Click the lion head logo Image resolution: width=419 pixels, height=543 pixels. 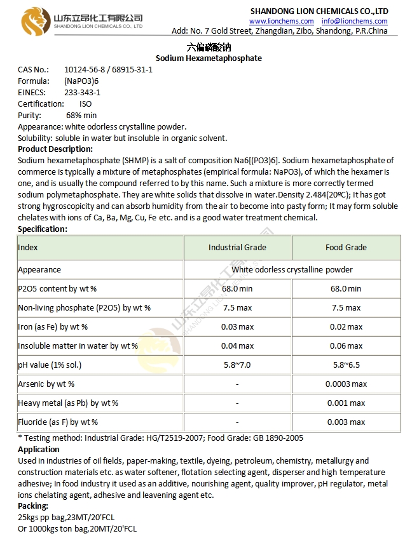tap(33, 21)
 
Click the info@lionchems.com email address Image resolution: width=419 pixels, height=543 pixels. tap(354, 21)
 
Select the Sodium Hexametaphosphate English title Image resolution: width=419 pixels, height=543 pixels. tap(209, 58)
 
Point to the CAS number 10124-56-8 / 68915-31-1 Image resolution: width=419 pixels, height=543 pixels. tap(108, 69)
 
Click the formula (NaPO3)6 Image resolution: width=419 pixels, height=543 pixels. tap(81, 81)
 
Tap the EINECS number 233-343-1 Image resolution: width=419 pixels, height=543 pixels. tap(83, 92)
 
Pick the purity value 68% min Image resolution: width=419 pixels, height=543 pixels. tap(81, 115)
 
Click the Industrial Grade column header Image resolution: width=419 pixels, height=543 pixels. tap(237, 247)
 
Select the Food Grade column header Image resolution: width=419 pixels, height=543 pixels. tap(346, 247)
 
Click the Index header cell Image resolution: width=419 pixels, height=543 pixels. tap(28, 247)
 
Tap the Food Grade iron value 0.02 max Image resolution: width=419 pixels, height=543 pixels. tap(346, 326)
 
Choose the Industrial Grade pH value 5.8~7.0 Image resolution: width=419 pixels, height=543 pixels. tap(237, 365)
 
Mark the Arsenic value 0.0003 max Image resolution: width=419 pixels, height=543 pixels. tap(346, 384)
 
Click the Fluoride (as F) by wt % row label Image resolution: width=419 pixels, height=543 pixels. tap(58, 422)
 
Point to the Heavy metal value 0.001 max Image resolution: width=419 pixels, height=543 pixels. tap(346, 403)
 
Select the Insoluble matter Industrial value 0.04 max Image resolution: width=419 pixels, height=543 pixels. tap(237, 345)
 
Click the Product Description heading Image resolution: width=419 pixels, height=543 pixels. tap(55, 149)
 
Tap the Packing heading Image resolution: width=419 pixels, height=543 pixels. tap(33, 506)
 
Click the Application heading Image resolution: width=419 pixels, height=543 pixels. tap(39, 449)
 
